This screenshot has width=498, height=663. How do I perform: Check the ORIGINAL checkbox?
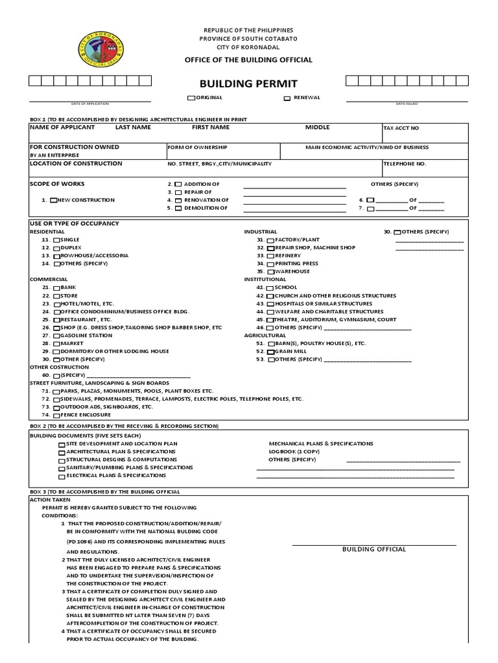(191, 98)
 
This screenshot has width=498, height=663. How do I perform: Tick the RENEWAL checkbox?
(287, 98)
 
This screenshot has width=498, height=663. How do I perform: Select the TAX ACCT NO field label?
(401, 128)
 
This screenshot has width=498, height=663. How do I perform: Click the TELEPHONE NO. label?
(405, 164)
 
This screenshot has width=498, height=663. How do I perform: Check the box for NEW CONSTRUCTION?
(54, 201)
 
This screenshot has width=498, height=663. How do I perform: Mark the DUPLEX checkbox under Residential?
(57, 248)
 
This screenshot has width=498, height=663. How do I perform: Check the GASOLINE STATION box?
(57, 336)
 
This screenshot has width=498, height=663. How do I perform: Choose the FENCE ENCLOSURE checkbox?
(57, 415)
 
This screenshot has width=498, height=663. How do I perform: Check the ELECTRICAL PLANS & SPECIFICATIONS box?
(62, 476)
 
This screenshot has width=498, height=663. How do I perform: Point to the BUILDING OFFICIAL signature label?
(374, 549)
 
